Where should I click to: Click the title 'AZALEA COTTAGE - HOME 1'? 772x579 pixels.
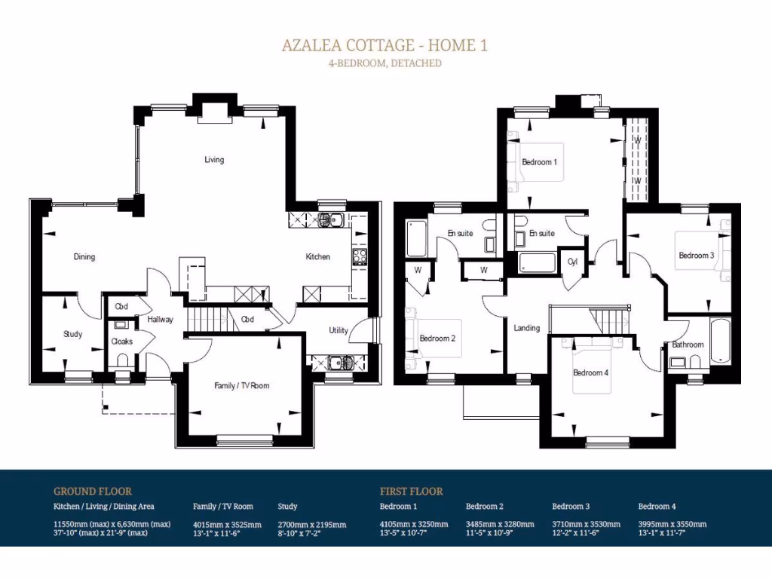click(x=384, y=45)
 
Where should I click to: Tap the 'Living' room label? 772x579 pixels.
click(x=214, y=160)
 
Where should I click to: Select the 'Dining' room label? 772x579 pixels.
click(x=84, y=257)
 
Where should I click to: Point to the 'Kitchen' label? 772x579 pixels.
click(x=317, y=257)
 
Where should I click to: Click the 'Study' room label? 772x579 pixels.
click(x=72, y=335)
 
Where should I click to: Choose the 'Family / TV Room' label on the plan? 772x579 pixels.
click(x=241, y=386)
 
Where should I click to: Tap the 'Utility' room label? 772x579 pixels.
click(x=339, y=331)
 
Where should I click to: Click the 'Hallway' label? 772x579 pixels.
click(x=161, y=320)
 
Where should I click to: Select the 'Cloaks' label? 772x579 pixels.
click(x=121, y=342)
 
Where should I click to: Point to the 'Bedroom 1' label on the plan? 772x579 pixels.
click(x=540, y=162)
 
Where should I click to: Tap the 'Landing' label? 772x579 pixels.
click(x=527, y=328)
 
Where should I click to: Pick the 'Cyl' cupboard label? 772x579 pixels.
click(x=573, y=262)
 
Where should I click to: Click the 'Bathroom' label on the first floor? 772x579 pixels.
click(x=688, y=345)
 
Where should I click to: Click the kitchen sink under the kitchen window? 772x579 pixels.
click(x=329, y=220)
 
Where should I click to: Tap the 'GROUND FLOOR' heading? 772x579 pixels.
click(x=93, y=491)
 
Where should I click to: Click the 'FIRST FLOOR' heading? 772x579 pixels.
click(x=412, y=491)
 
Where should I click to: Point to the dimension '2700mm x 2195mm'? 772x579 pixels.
click(x=312, y=525)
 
